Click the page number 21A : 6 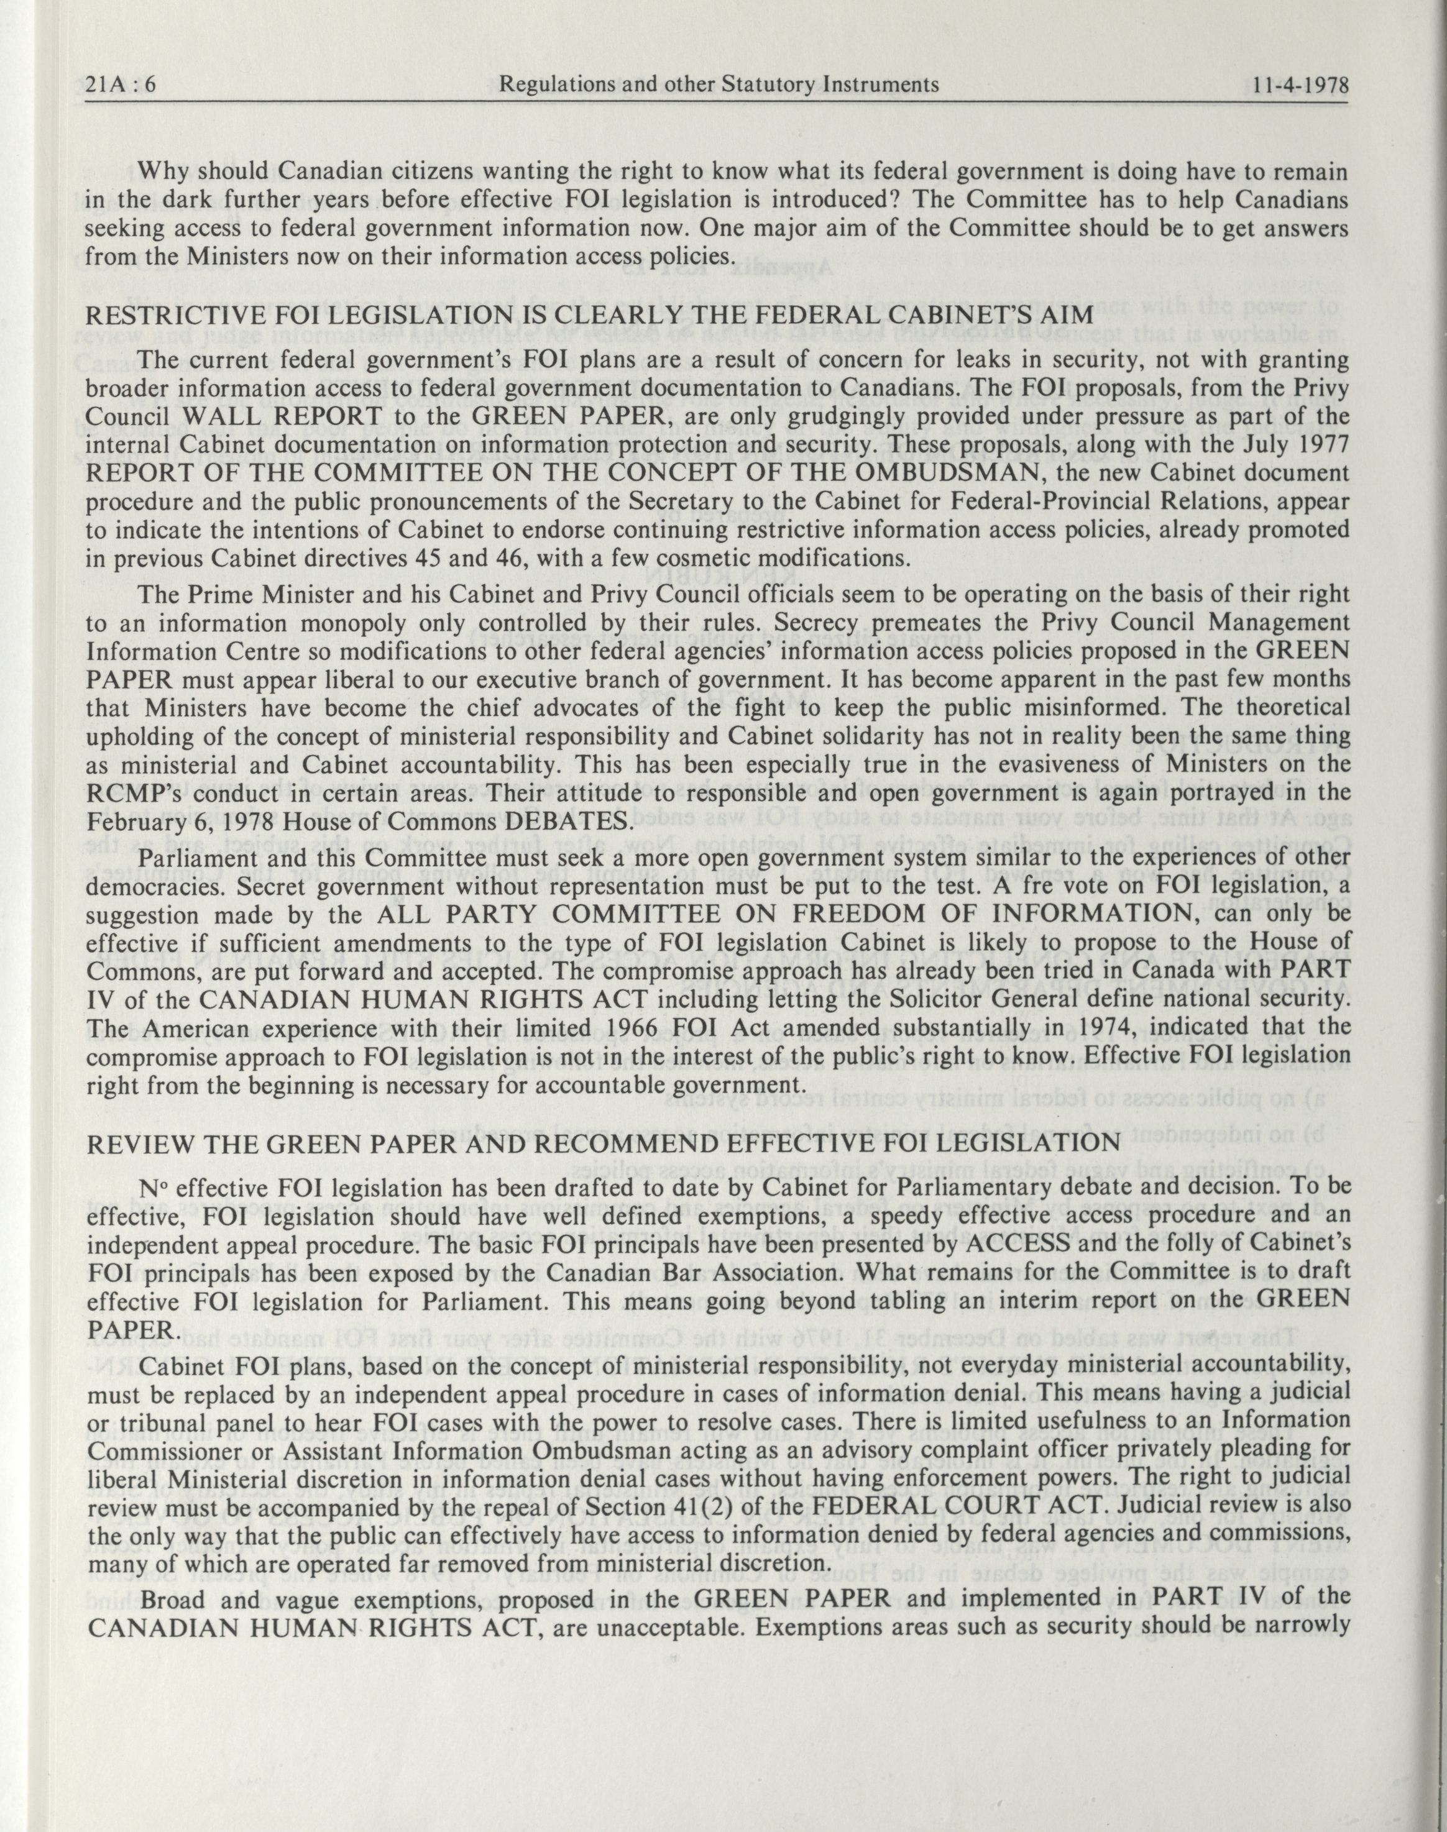click(123, 86)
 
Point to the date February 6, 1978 click(198, 822)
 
